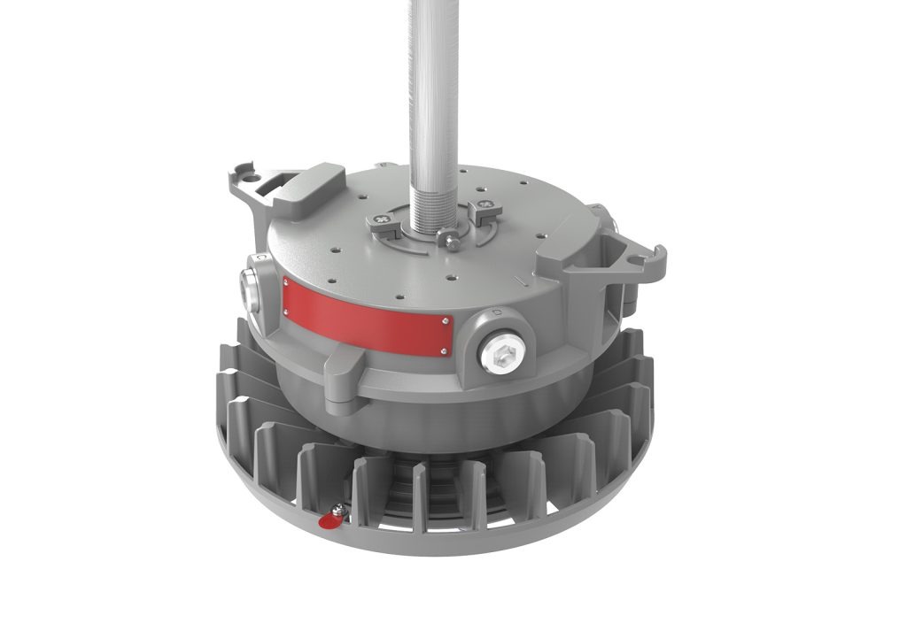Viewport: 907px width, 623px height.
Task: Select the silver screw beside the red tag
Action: tap(337, 510)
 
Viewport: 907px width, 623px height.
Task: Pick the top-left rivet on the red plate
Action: tap(286, 281)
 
